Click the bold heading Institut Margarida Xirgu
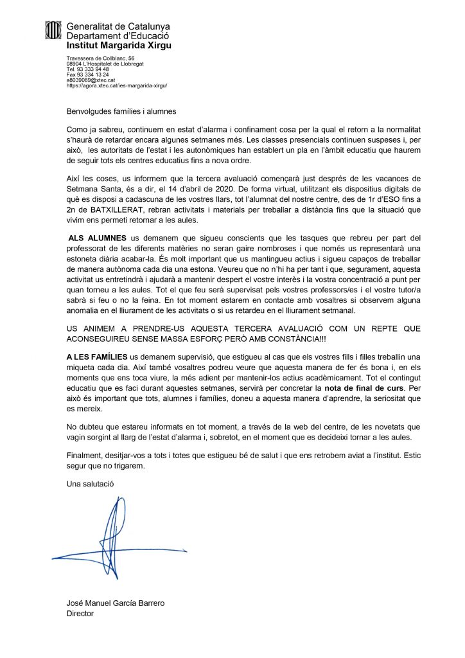pyautogui.click(x=119, y=46)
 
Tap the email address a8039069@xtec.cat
pyautogui.click(x=91, y=80)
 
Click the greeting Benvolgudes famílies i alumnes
pyautogui.click(x=121, y=111)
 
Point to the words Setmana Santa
pyautogui.click(x=94, y=181)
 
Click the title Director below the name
pyautogui.click(x=80, y=614)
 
